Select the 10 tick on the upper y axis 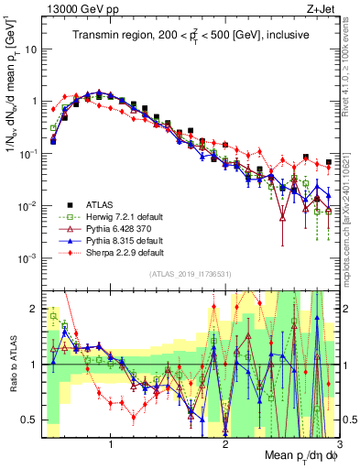(30, 49)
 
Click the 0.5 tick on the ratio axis (29, 420)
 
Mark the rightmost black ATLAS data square (329, 162)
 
